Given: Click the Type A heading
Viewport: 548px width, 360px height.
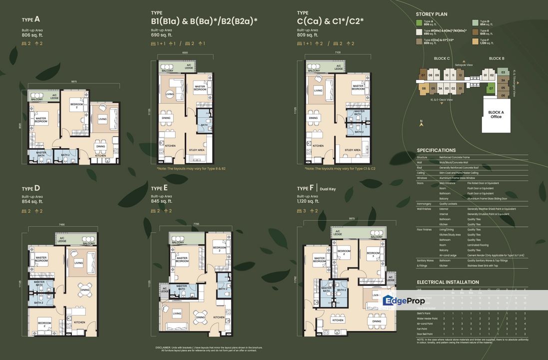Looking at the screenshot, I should [30, 19].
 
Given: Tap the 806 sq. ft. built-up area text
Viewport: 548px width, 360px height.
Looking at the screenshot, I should [33, 35].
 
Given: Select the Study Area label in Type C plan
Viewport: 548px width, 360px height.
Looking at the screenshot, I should [352, 149].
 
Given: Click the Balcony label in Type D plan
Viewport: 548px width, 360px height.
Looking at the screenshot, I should [89, 243].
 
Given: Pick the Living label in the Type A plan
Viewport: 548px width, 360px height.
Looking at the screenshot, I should [102, 119].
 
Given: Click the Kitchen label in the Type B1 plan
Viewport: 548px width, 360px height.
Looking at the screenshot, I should [170, 145].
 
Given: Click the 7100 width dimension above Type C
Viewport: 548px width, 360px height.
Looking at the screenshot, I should [338, 52].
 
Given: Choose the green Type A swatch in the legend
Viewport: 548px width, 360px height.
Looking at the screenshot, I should [419, 22].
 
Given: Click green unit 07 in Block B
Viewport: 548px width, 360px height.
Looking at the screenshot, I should [491, 88].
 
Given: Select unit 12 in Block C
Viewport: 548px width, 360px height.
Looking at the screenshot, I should [460, 75].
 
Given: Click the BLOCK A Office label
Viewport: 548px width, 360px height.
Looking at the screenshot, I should [496, 114].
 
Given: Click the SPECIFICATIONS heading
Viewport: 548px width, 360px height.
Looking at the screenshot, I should [436, 150].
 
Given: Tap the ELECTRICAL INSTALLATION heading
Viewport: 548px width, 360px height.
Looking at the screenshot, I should [448, 282].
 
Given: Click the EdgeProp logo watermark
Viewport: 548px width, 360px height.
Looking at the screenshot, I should [403, 300].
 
